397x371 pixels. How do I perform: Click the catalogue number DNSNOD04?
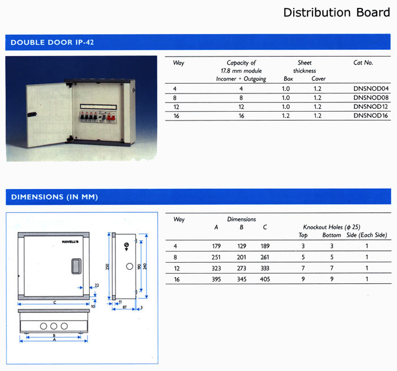click(x=371, y=88)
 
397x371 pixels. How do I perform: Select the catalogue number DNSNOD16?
click(x=371, y=116)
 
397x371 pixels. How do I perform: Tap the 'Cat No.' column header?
click(x=363, y=62)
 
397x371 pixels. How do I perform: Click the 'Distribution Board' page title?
click(x=336, y=12)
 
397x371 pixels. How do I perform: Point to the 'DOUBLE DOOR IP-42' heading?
click(x=52, y=42)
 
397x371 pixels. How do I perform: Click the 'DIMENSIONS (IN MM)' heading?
click(x=54, y=197)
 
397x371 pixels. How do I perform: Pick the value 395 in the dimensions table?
click(x=216, y=279)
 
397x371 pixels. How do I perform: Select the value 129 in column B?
click(x=242, y=246)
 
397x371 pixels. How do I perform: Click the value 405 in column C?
click(x=265, y=279)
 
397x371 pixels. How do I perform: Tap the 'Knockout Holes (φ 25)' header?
click(x=332, y=227)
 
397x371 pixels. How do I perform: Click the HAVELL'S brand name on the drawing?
click(x=70, y=242)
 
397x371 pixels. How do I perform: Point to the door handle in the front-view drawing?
click(x=76, y=266)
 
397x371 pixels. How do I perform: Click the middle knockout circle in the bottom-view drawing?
click(x=54, y=326)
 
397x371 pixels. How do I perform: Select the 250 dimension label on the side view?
click(x=107, y=267)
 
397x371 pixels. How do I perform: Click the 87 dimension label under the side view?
click(x=124, y=307)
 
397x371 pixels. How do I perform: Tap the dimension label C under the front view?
click(x=54, y=302)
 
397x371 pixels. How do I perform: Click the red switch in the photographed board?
click(x=111, y=117)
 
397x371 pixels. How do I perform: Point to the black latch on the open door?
click(x=32, y=114)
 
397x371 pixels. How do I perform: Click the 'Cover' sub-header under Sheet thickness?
click(x=319, y=79)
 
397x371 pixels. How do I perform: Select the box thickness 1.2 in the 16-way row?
click(x=286, y=116)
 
